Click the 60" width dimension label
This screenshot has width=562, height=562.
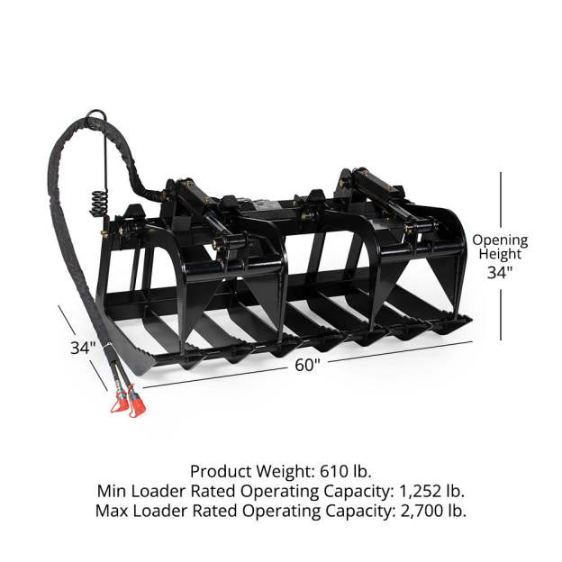pos(307,365)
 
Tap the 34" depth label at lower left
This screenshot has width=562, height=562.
pos(83,348)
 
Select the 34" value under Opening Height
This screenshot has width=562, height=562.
pos(500,273)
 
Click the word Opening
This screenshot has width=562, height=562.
pos(500,240)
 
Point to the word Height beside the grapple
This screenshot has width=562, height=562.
pos(500,254)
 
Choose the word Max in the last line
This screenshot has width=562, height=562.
pos(112,511)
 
